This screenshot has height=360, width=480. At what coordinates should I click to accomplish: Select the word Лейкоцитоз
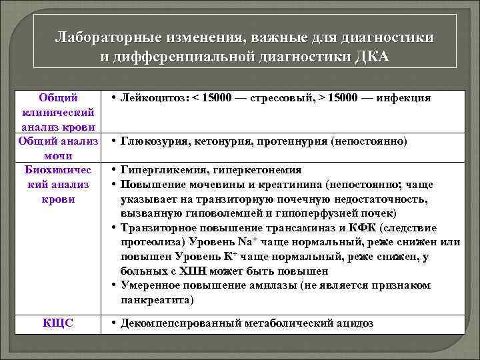tap(156, 98)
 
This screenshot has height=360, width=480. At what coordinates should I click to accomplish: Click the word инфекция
tap(404, 98)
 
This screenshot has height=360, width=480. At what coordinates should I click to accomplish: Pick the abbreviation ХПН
tap(191, 271)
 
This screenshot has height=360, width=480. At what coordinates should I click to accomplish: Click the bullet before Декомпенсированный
tap(115, 323)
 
